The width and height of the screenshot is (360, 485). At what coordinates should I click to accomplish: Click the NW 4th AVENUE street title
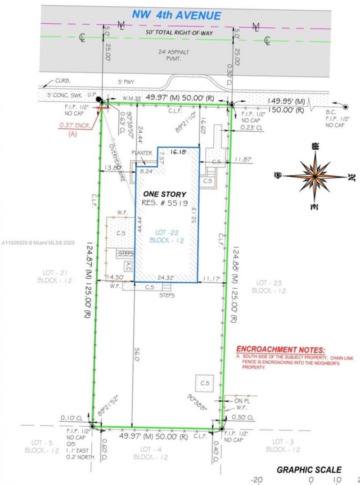(x=176, y=15)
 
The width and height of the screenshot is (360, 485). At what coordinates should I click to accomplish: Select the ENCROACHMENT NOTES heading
(x=280, y=349)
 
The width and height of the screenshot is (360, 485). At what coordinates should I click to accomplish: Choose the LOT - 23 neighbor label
(x=269, y=286)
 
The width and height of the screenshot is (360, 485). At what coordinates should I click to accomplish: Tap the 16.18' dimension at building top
(x=178, y=153)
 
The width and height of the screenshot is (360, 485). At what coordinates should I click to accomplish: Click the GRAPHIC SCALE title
(x=309, y=469)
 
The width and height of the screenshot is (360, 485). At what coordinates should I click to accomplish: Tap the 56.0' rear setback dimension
(x=135, y=353)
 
